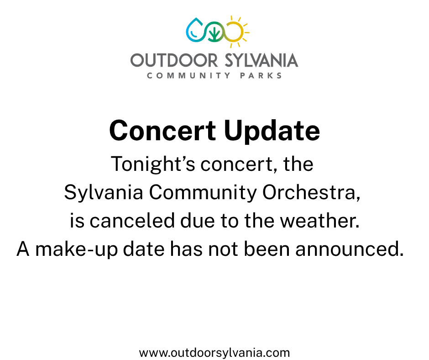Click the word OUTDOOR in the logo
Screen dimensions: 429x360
(x=174, y=60)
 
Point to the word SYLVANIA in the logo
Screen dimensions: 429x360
(x=262, y=60)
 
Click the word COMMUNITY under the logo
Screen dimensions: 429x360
(x=189, y=76)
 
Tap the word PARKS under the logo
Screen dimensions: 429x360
(x=261, y=76)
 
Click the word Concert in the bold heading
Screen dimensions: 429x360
(x=162, y=131)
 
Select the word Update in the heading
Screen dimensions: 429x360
(x=272, y=132)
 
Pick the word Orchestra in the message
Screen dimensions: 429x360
(x=311, y=192)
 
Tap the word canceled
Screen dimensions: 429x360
(x=132, y=221)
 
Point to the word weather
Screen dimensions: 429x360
(x=319, y=221)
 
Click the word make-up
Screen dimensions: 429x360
(x=77, y=249)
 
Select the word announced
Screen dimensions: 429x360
(x=350, y=249)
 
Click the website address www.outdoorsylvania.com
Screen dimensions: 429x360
(x=214, y=353)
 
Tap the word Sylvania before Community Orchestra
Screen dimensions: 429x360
(x=104, y=193)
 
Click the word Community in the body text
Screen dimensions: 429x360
(x=203, y=193)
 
